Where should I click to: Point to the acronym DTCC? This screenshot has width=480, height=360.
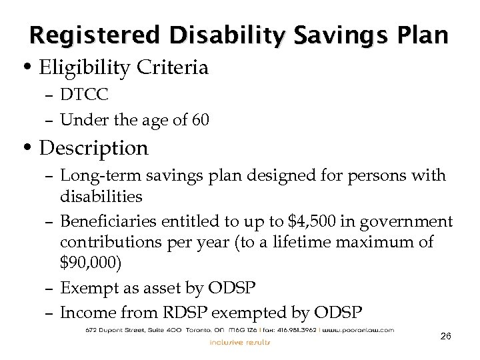(83, 96)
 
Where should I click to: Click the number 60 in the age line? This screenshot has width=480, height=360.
(201, 120)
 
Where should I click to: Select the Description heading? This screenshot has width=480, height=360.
(93, 147)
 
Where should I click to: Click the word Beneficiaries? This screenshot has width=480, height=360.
(105, 221)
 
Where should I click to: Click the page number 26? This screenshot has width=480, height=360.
(446, 337)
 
